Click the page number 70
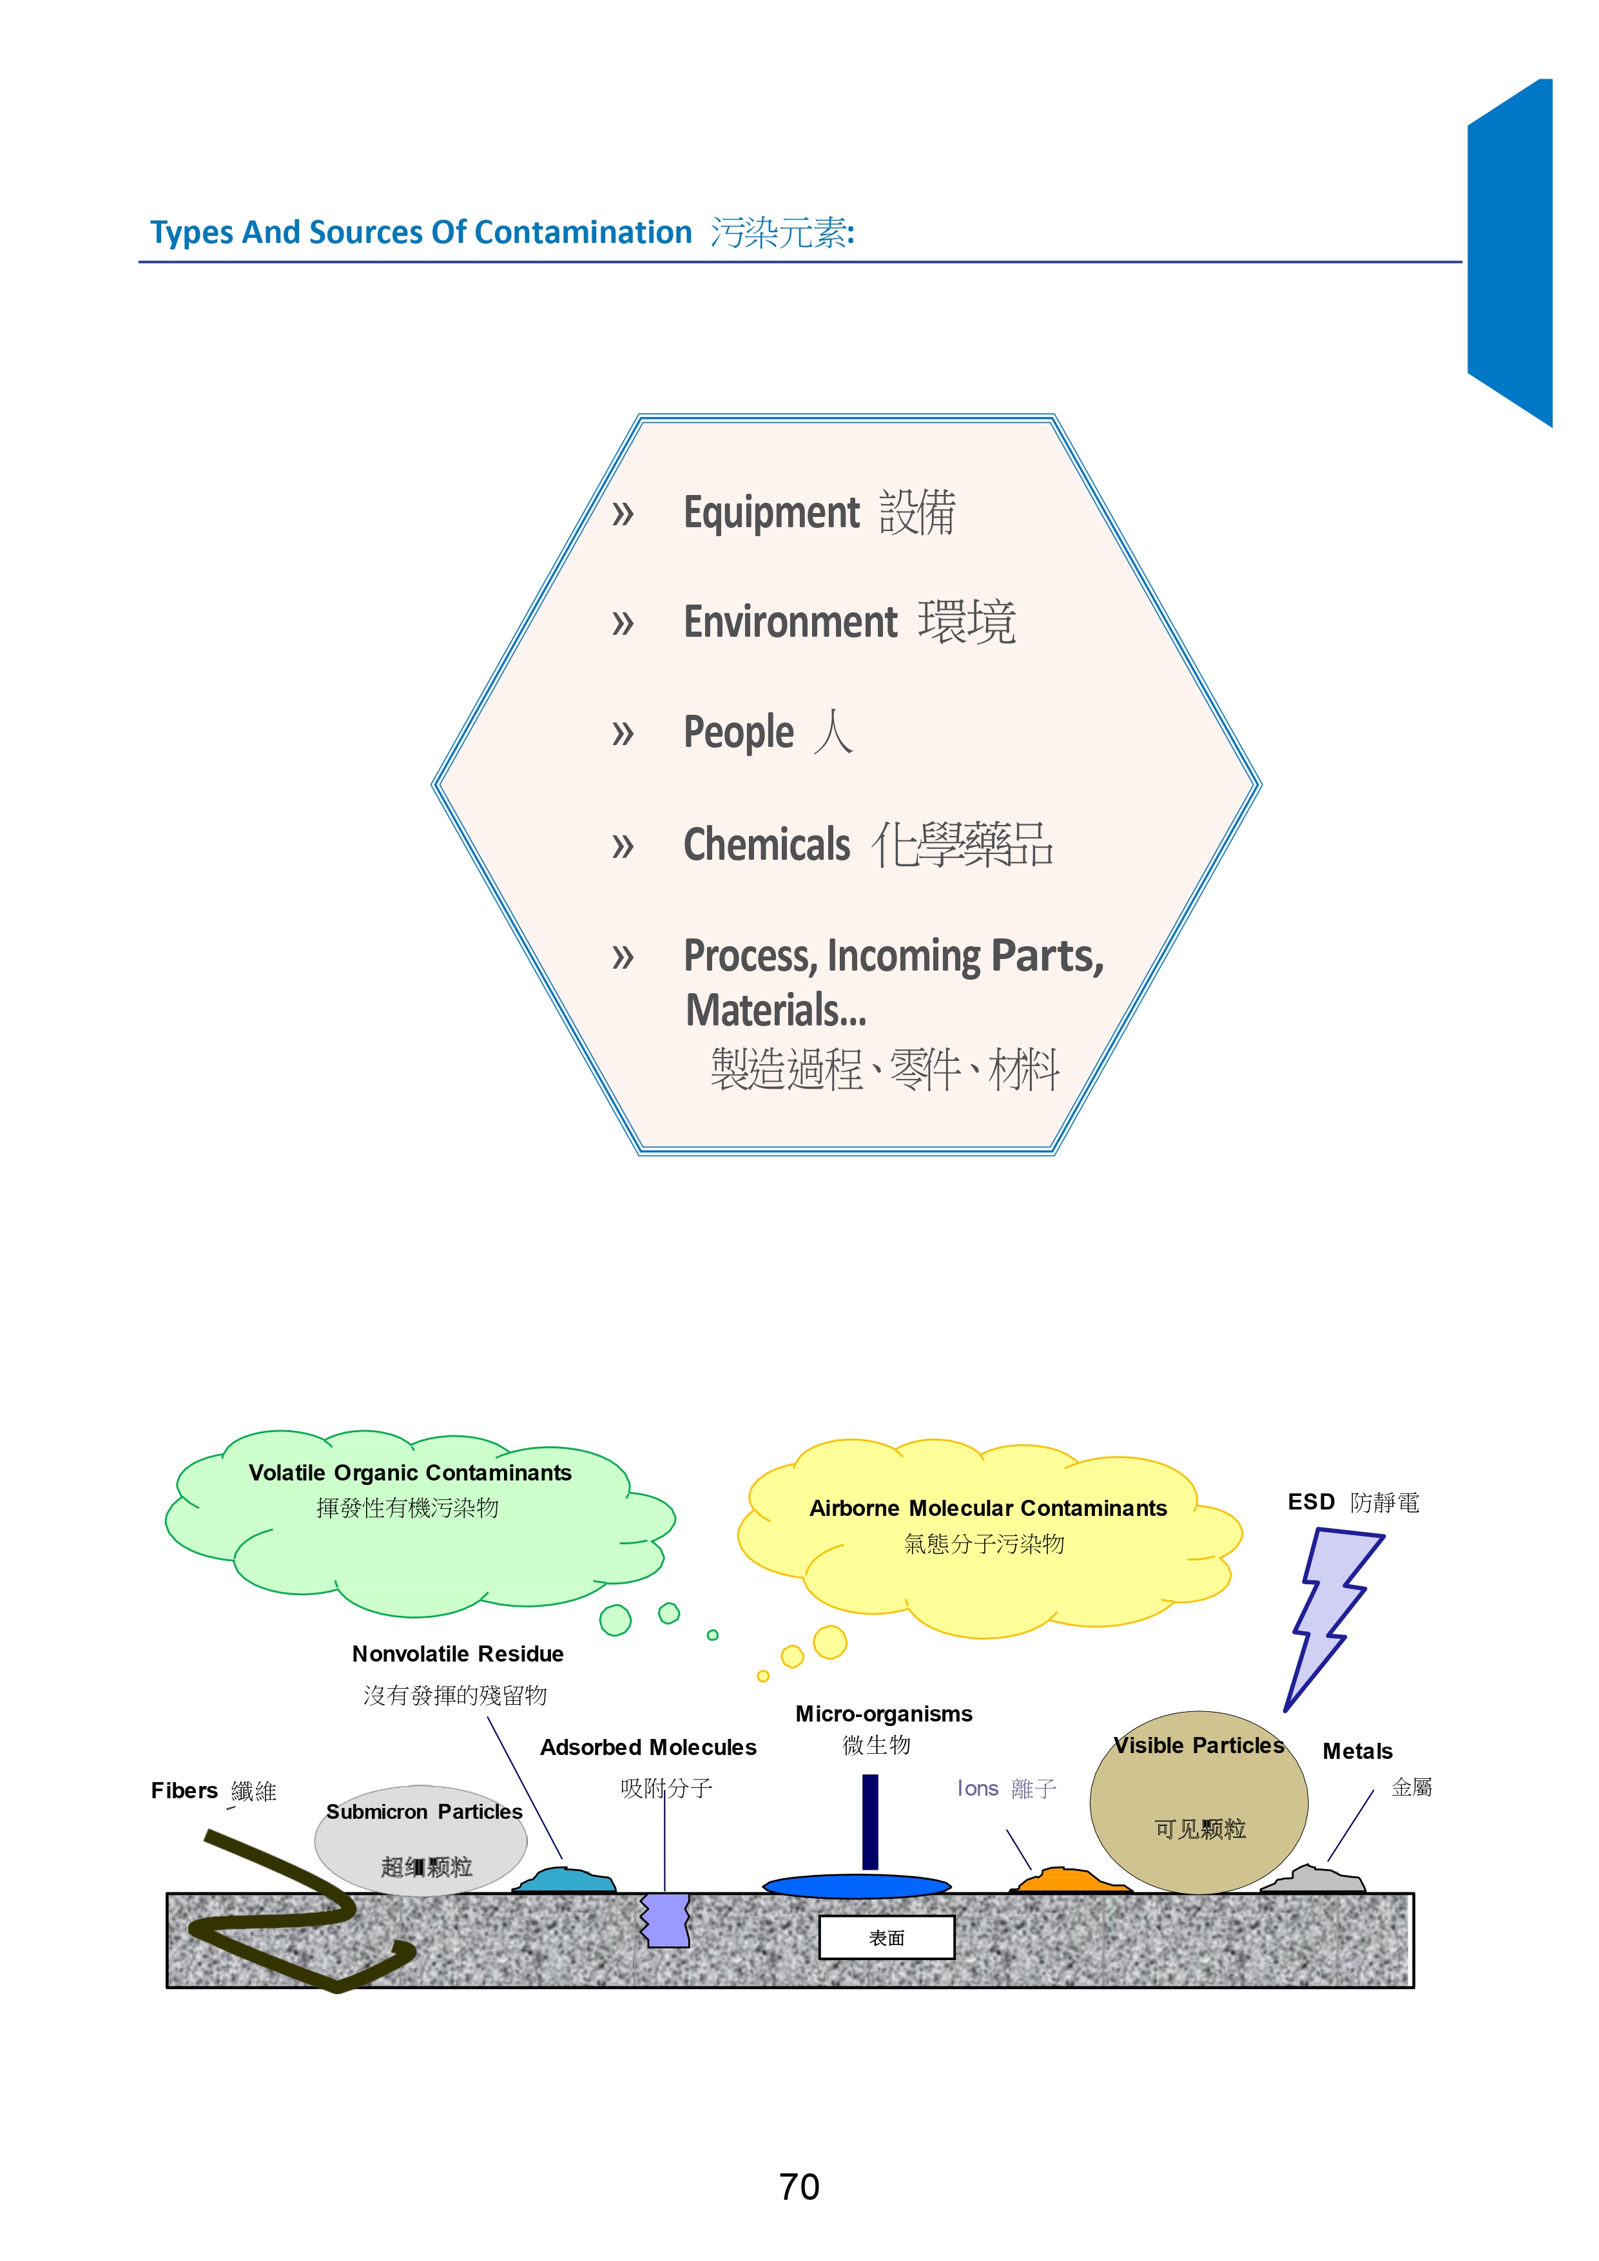click(x=799, y=2186)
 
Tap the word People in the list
click(x=739, y=733)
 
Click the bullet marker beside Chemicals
click(x=623, y=846)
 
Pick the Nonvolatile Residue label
click(x=458, y=1653)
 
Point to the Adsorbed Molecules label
click(x=648, y=1747)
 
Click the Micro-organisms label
click(x=883, y=1714)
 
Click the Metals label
click(x=1357, y=1751)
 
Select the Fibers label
click(x=184, y=1790)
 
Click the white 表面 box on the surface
click(x=886, y=1937)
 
